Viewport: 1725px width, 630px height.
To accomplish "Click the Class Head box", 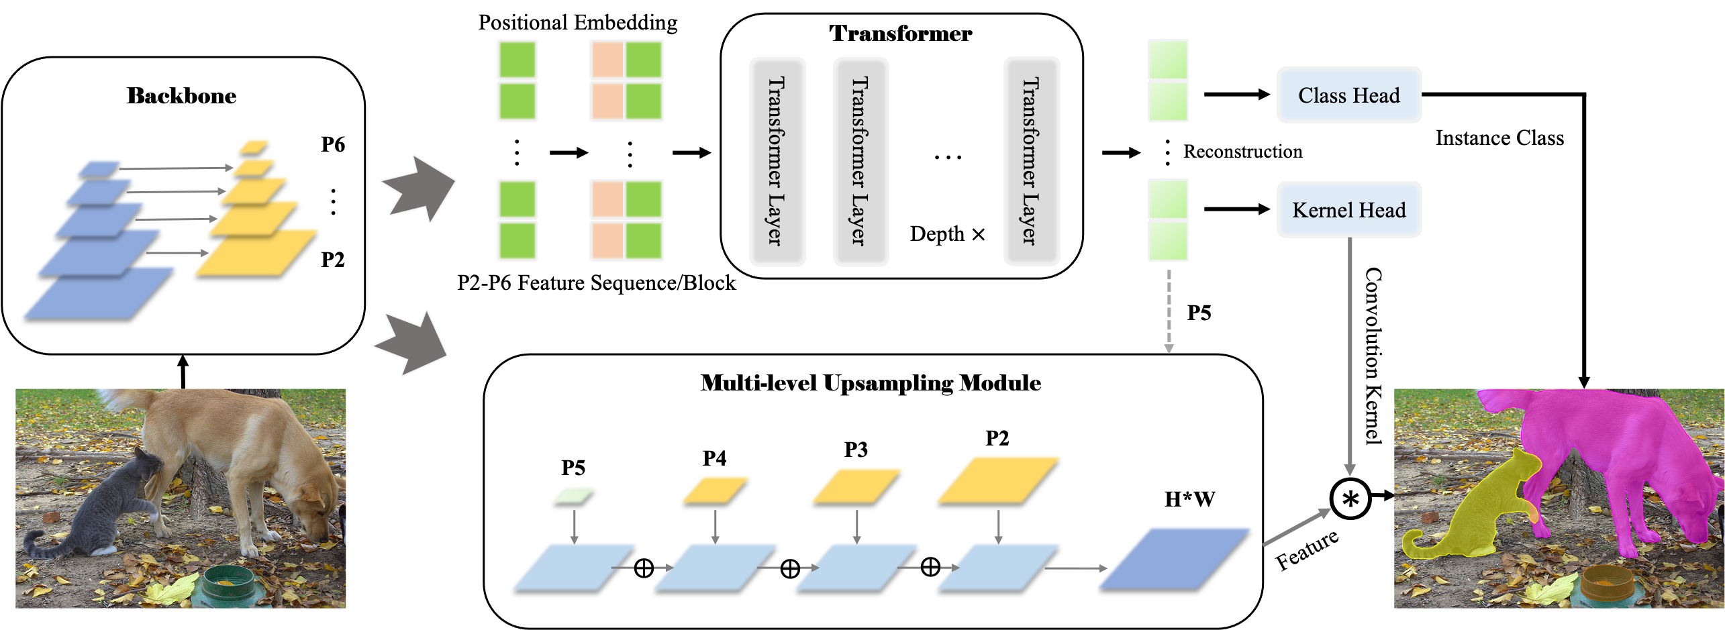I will pyautogui.click(x=1348, y=95).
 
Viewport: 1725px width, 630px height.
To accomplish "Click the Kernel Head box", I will pyautogui.click(x=1348, y=210).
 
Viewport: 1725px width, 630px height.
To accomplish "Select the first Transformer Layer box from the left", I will pyautogui.click(x=777, y=162).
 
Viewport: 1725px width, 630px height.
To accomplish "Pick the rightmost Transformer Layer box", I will pyautogui.click(x=1031, y=162).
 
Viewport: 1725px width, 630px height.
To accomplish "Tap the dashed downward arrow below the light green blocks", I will pyautogui.click(x=1169, y=312).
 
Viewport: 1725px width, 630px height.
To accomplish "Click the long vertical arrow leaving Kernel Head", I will pyautogui.click(x=1350, y=356).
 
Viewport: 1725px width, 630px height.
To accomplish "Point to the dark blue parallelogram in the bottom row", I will pyautogui.click(x=1174, y=558).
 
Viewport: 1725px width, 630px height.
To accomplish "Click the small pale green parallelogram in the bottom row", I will pyautogui.click(x=573, y=494).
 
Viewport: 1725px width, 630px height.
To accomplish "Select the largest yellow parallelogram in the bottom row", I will pyautogui.click(x=998, y=479).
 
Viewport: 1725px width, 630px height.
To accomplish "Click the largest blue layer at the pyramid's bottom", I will pyautogui.click(x=99, y=292).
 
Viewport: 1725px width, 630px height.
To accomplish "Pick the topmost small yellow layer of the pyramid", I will pyautogui.click(x=254, y=145).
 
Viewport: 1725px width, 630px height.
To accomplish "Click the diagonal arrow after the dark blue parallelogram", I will pyautogui.click(x=1295, y=527).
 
